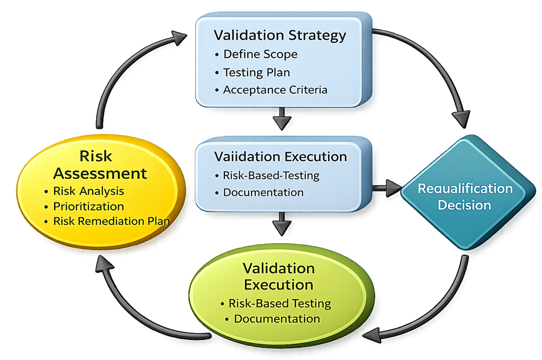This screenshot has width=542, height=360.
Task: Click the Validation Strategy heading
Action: [280, 36]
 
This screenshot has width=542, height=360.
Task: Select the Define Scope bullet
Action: [260, 54]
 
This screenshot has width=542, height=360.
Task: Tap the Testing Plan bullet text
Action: [256, 72]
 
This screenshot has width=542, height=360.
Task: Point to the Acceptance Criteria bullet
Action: [275, 90]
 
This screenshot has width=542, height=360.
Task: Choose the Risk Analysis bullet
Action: [88, 191]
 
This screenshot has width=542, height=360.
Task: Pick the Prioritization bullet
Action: [88, 206]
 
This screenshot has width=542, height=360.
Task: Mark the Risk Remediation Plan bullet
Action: [111, 221]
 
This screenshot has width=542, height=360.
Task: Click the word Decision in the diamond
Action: [464, 205]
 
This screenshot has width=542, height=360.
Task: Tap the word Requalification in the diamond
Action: [464, 189]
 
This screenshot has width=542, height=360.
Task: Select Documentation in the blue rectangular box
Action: [263, 192]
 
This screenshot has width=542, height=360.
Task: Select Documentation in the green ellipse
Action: [276, 319]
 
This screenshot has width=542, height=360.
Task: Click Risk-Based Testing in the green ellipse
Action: [279, 303]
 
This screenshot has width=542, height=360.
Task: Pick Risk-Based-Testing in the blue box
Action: [271, 176]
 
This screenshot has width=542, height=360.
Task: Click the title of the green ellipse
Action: [279, 276]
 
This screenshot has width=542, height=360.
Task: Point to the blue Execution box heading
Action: [280, 157]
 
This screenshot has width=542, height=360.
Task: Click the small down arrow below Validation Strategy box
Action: [282, 121]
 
